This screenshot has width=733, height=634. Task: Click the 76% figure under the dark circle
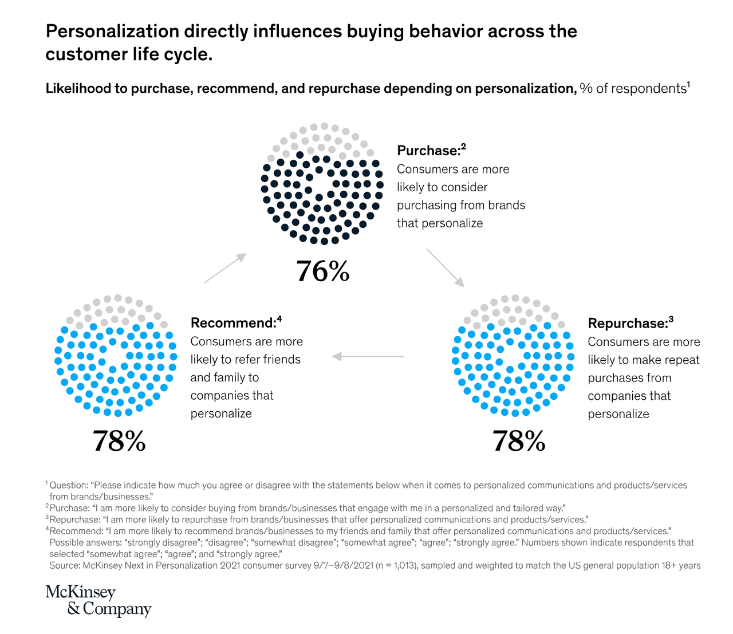322,271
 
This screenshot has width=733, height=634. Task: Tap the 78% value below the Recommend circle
119,442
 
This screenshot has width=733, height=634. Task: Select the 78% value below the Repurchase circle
519,442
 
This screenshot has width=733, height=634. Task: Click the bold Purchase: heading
428,151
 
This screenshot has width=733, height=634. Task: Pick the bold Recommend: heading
233,323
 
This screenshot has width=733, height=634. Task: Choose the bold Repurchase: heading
628,324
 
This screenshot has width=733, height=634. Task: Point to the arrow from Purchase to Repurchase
445,267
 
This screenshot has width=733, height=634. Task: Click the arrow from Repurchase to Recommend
368,356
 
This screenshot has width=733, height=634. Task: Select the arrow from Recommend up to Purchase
225,268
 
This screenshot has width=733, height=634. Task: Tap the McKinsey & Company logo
98,600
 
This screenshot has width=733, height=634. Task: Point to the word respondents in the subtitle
651,89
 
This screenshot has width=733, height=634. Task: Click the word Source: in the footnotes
65,565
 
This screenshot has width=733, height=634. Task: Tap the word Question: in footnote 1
69,485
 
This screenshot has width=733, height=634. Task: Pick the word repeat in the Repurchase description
681,360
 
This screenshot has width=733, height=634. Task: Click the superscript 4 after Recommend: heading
279,318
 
